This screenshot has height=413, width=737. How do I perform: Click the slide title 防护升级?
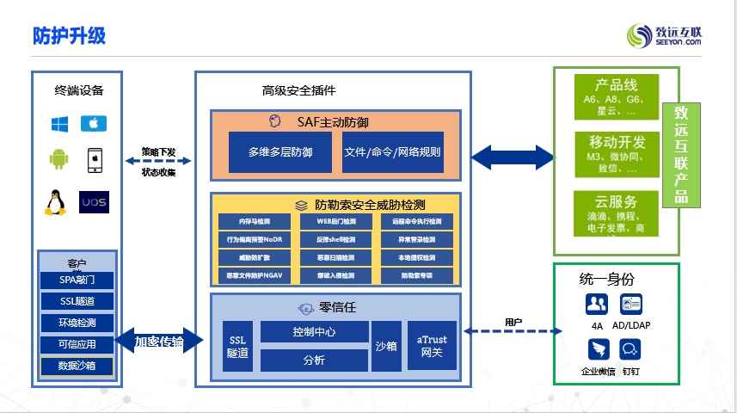coord(69,35)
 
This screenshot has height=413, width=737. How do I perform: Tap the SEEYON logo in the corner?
coord(663,35)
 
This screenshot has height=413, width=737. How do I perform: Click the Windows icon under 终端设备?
coord(58,124)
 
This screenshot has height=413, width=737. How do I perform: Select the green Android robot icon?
coord(58,159)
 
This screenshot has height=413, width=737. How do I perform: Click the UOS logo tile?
coord(94,202)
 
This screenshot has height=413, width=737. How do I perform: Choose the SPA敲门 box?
coord(77,280)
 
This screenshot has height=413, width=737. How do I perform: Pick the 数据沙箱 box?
coord(77,366)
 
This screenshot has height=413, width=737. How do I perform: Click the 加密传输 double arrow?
coord(159,342)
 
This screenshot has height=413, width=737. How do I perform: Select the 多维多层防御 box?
coord(279,152)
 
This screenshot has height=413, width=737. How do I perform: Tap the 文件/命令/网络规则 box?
coord(392,152)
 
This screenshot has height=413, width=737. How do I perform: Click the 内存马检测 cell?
coord(249,221)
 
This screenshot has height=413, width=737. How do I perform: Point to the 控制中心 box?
coord(313,331)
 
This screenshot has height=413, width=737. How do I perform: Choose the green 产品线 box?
coord(616,96)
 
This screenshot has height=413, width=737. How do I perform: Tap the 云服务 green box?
coord(616,214)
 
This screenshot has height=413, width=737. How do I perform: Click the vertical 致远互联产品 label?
coord(681,155)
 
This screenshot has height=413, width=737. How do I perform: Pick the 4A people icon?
coord(597,304)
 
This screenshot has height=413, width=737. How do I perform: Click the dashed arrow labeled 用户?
coord(513,330)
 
